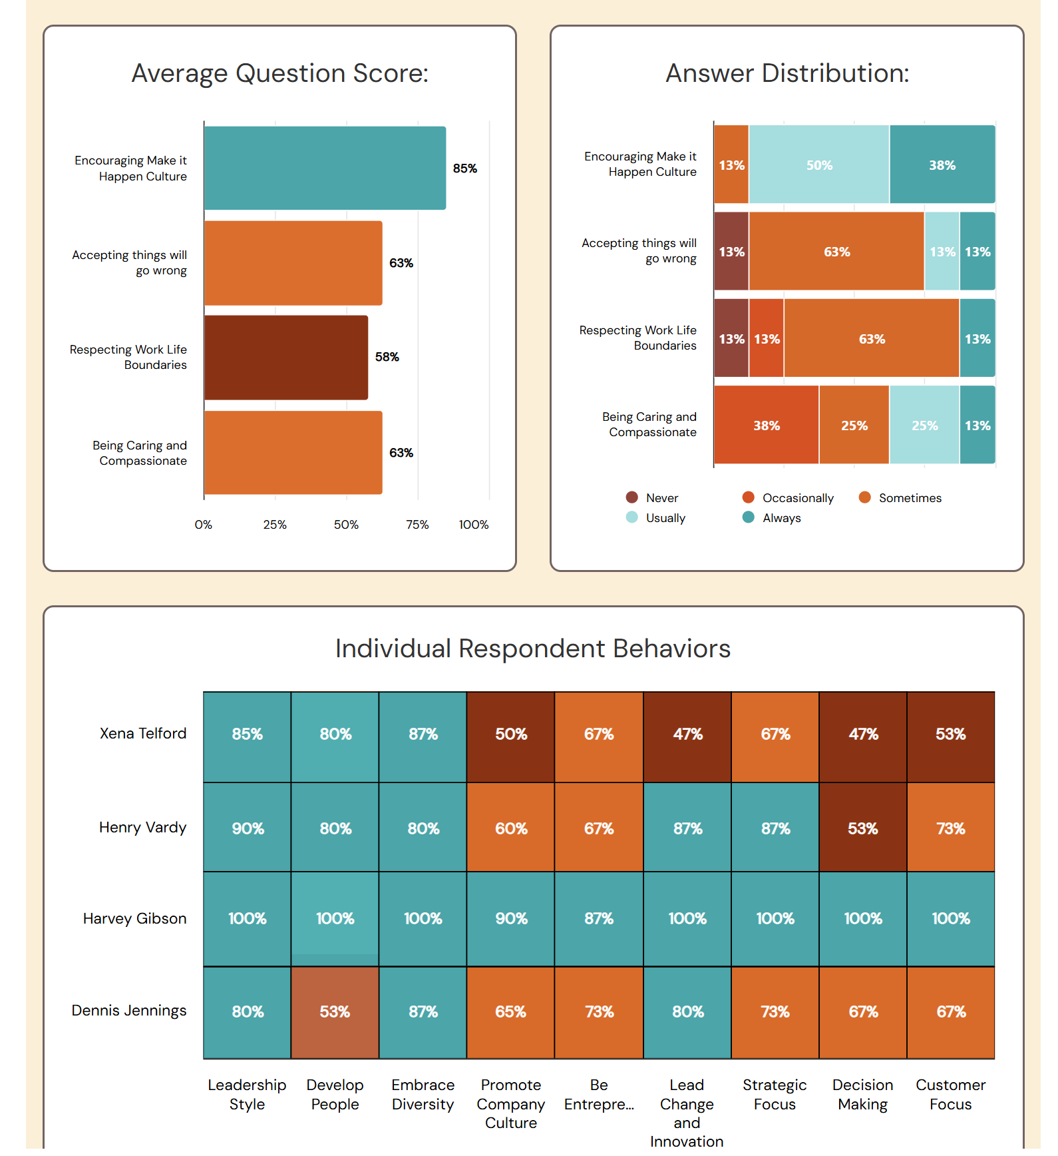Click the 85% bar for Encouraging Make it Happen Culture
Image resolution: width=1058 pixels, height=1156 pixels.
325,168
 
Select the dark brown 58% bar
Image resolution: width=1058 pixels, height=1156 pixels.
286,358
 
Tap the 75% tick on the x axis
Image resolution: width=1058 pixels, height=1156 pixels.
417,525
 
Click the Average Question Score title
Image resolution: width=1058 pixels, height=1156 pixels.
279,73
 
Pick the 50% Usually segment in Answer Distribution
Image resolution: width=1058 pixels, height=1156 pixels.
819,165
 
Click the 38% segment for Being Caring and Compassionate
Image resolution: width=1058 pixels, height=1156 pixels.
766,426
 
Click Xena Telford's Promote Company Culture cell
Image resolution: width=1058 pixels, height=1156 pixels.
511,734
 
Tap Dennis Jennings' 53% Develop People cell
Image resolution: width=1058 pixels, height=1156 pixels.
335,1012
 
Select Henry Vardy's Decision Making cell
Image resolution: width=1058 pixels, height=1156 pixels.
863,829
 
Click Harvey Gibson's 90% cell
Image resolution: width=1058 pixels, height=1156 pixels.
511,919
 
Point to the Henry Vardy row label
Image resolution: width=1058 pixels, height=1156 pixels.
142,828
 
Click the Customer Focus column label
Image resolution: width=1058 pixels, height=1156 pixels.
950,1095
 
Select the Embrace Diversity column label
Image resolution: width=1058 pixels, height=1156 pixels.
423,1095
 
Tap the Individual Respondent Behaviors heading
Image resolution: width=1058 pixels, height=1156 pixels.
532,649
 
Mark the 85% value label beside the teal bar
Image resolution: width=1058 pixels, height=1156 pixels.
464,168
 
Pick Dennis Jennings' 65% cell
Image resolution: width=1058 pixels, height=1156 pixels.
511,1012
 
